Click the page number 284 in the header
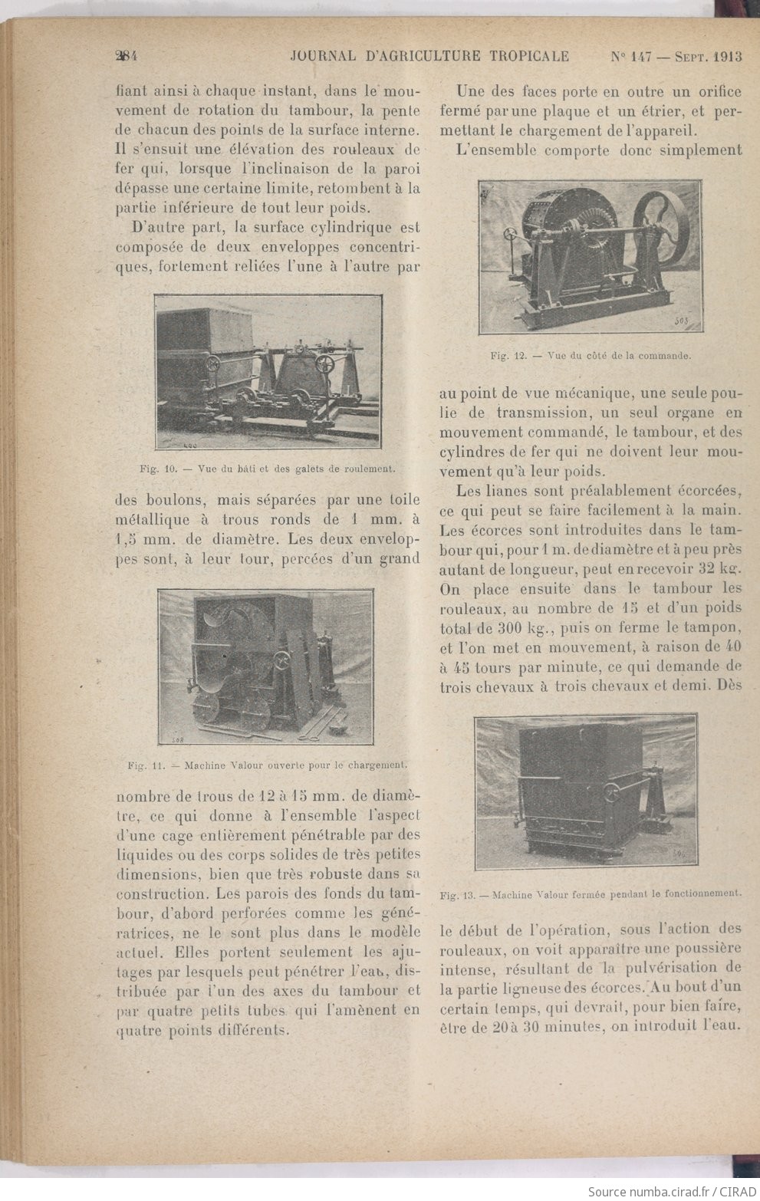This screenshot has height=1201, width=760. pyautogui.click(x=127, y=56)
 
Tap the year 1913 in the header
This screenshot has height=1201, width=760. pyautogui.click(x=727, y=56)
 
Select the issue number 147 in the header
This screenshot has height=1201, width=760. pyautogui.click(x=640, y=56)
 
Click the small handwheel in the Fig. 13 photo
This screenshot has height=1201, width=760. pyautogui.click(x=611, y=792)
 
